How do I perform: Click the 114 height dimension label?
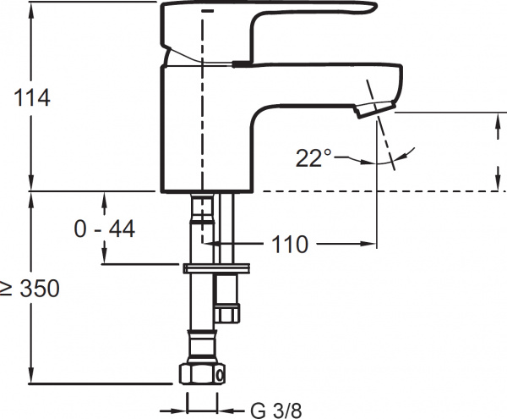pyautogui.click(x=32, y=97)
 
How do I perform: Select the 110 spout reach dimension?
pyautogui.click(x=290, y=244)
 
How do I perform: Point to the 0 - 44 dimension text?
pyautogui.click(x=104, y=229)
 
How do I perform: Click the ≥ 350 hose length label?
pyautogui.click(x=30, y=288)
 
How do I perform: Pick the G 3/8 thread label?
pyautogui.click(x=275, y=411)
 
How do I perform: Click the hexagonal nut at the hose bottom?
pyautogui.click(x=202, y=374)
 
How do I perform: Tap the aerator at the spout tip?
pyautogui.click(x=376, y=109)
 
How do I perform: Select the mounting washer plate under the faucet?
pyautogui.click(x=216, y=268)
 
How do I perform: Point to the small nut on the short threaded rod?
pyautogui.click(x=228, y=313)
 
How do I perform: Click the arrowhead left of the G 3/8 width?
pyautogui.click(x=179, y=411)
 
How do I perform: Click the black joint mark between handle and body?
pyautogui.click(x=241, y=63)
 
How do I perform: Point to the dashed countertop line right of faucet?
pyautogui.click(x=384, y=191)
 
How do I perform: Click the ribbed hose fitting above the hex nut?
pyautogui.click(x=202, y=347)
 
